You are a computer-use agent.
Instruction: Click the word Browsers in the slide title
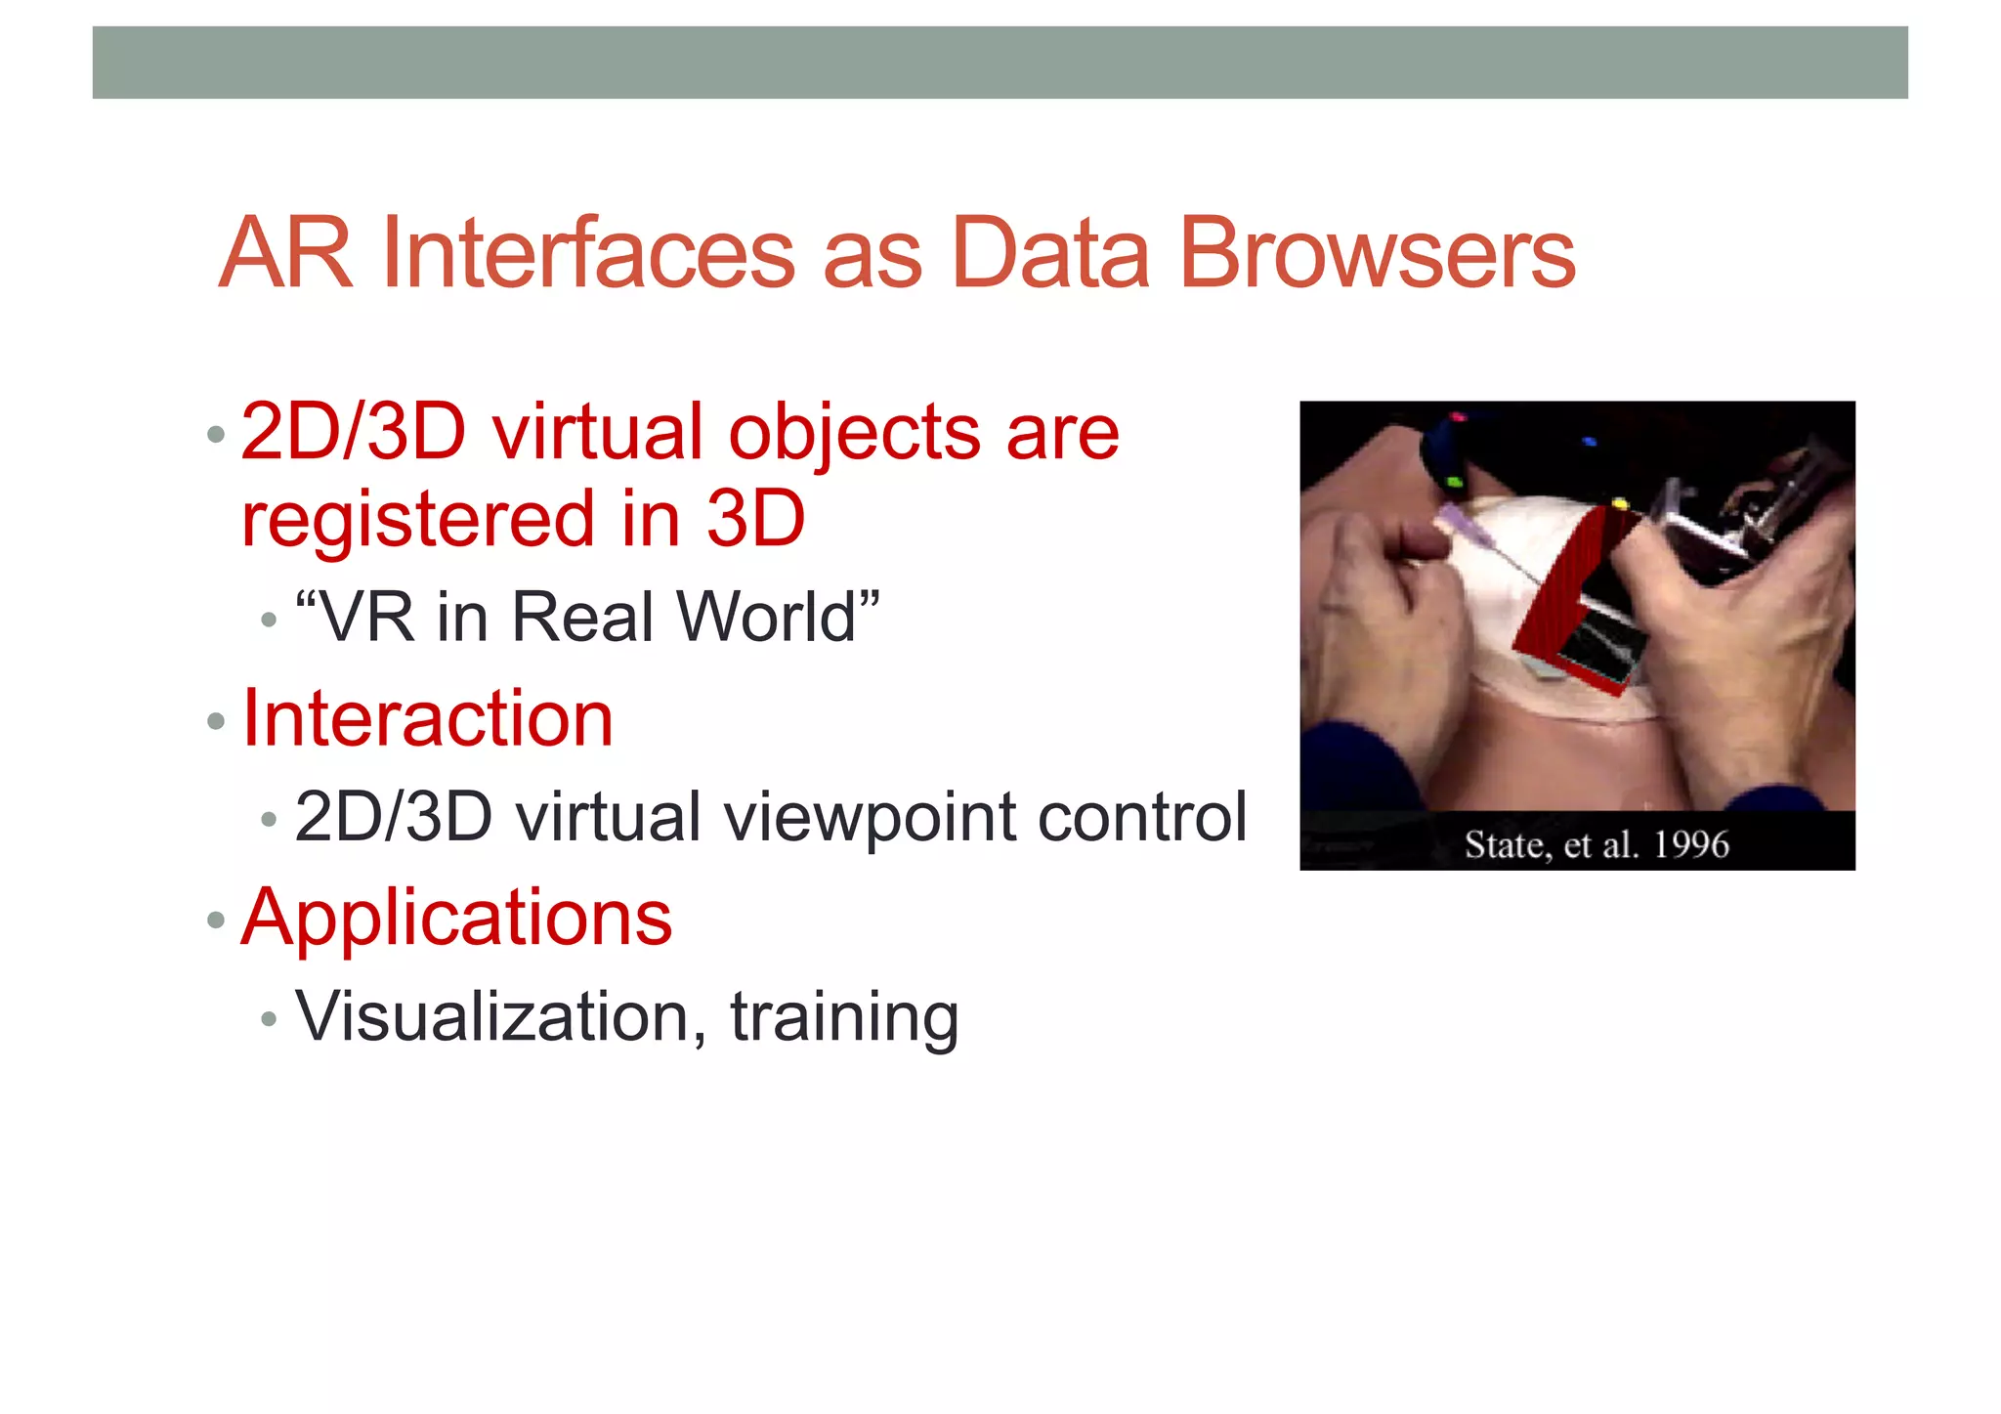click(x=1377, y=254)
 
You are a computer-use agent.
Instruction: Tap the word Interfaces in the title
click(x=588, y=254)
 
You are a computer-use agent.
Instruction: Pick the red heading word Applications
click(x=456, y=918)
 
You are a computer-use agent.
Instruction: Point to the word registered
click(x=418, y=519)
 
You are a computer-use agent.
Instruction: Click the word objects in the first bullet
click(x=854, y=433)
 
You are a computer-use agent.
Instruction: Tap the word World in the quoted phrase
click(x=766, y=618)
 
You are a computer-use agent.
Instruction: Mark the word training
click(x=844, y=1018)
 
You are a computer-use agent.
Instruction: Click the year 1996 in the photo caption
click(x=1690, y=844)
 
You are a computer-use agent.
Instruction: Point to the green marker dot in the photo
click(x=1453, y=482)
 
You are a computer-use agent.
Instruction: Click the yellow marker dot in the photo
click(x=1619, y=504)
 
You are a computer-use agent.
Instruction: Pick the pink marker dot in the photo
click(x=1458, y=418)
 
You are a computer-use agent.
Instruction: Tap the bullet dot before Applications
click(x=216, y=921)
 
